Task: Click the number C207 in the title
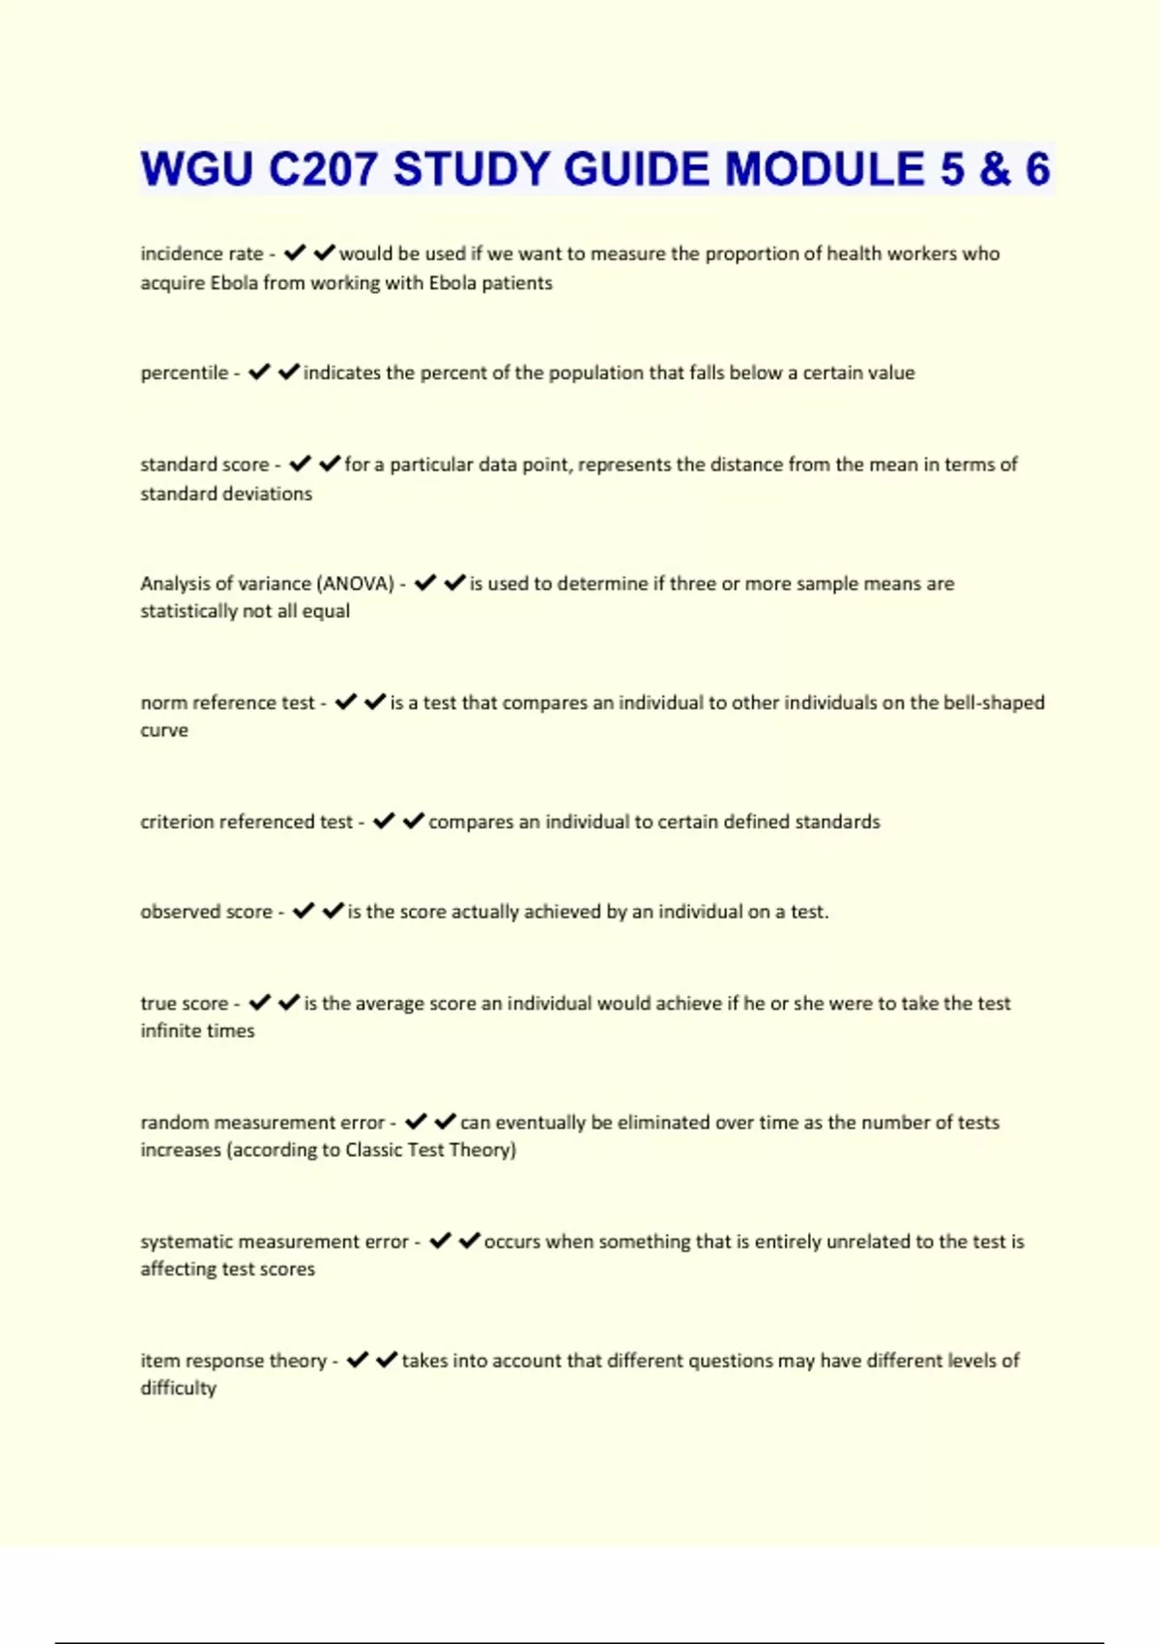pos(323,169)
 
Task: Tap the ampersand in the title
pos(995,169)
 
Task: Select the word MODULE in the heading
pos(824,169)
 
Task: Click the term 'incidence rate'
pos(202,253)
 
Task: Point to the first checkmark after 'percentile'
pos(259,372)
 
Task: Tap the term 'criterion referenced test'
pos(246,821)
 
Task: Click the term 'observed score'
pos(206,911)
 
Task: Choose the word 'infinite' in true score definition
pos(170,1030)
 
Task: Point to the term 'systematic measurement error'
pos(275,1241)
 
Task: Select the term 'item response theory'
pos(233,1360)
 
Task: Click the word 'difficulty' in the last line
pos(179,1388)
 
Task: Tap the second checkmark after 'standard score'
pos(330,464)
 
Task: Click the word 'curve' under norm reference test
pos(164,730)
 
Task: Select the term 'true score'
pos(184,1003)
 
